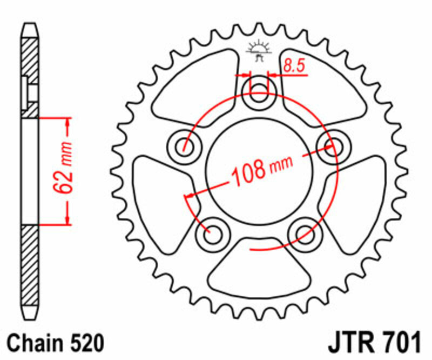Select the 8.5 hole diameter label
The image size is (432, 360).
(294, 66)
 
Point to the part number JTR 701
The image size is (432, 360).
(373, 343)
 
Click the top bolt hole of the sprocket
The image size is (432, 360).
(260, 94)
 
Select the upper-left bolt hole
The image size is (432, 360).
(185, 145)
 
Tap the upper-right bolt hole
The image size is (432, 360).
(333, 143)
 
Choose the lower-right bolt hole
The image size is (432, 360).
(304, 234)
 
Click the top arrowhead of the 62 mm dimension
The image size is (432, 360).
(67, 121)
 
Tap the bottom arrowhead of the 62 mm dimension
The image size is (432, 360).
(67, 218)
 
